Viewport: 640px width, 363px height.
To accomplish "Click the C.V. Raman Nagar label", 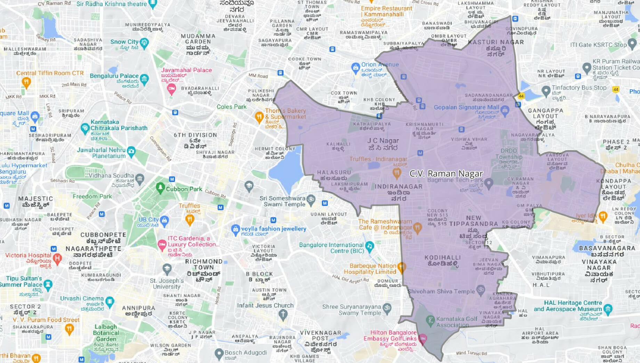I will [446, 174].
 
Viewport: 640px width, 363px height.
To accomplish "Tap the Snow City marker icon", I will [144, 43].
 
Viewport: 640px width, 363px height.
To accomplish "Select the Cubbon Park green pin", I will [160, 188].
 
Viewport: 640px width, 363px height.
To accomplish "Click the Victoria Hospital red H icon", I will [58, 258].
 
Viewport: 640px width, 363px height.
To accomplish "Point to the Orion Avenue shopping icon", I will [355, 67].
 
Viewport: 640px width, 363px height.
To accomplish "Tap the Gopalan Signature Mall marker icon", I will [505, 111].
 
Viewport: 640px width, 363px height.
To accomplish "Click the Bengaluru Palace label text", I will [114, 76].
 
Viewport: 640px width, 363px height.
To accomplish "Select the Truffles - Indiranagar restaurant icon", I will [397, 172].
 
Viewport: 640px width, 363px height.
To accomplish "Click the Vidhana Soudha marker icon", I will [140, 178].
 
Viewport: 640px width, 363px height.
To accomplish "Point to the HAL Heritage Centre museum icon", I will [608, 309].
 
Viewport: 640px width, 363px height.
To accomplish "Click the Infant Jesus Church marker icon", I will [283, 314].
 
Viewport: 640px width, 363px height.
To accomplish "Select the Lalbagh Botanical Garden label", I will [106, 333].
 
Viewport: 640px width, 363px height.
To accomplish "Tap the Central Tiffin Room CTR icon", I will [26, 82].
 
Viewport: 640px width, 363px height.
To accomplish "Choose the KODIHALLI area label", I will [442, 258].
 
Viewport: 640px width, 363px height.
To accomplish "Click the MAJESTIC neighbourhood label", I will [35, 199].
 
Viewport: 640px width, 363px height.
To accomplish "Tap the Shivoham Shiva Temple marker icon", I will [480, 289].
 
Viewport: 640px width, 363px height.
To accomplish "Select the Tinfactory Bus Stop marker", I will [546, 91].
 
